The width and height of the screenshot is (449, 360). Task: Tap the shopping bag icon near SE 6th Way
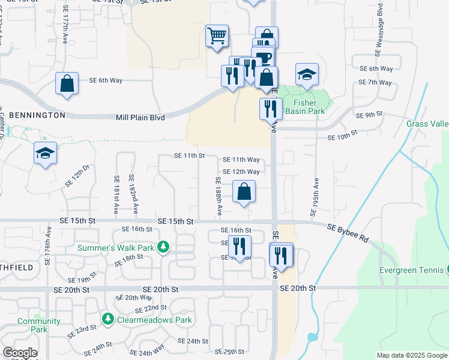(67, 83)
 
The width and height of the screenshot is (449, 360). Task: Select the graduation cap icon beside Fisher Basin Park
(307, 74)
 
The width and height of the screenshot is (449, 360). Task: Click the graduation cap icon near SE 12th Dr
(45, 154)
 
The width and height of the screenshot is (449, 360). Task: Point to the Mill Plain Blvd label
(140, 118)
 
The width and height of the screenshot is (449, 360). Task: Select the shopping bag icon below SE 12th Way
(244, 193)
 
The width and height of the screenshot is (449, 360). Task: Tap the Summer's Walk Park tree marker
(162, 247)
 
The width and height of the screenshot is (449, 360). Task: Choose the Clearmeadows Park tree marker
(108, 319)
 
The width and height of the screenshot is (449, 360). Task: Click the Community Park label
(39, 325)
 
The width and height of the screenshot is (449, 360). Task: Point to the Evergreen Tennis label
(413, 270)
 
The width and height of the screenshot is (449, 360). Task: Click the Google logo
(20, 353)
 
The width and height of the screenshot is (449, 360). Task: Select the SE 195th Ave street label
(313, 196)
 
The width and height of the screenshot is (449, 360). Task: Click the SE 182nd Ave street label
(136, 196)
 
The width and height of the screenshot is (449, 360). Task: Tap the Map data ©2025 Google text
(411, 355)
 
